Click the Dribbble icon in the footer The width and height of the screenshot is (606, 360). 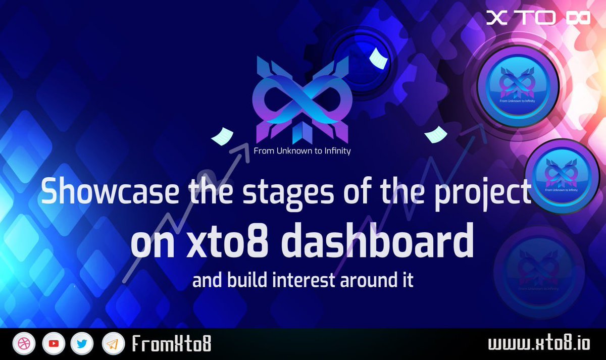click(x=22, y=344)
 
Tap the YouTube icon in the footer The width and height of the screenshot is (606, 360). click(x=53, y=344)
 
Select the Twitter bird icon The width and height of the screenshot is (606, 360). click(x=81, y=344)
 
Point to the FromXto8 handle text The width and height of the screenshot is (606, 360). click(x=171, y=344)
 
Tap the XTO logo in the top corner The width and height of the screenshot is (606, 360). click(x=538, y=18)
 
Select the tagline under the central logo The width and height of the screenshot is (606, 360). click(x=302, y=151)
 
